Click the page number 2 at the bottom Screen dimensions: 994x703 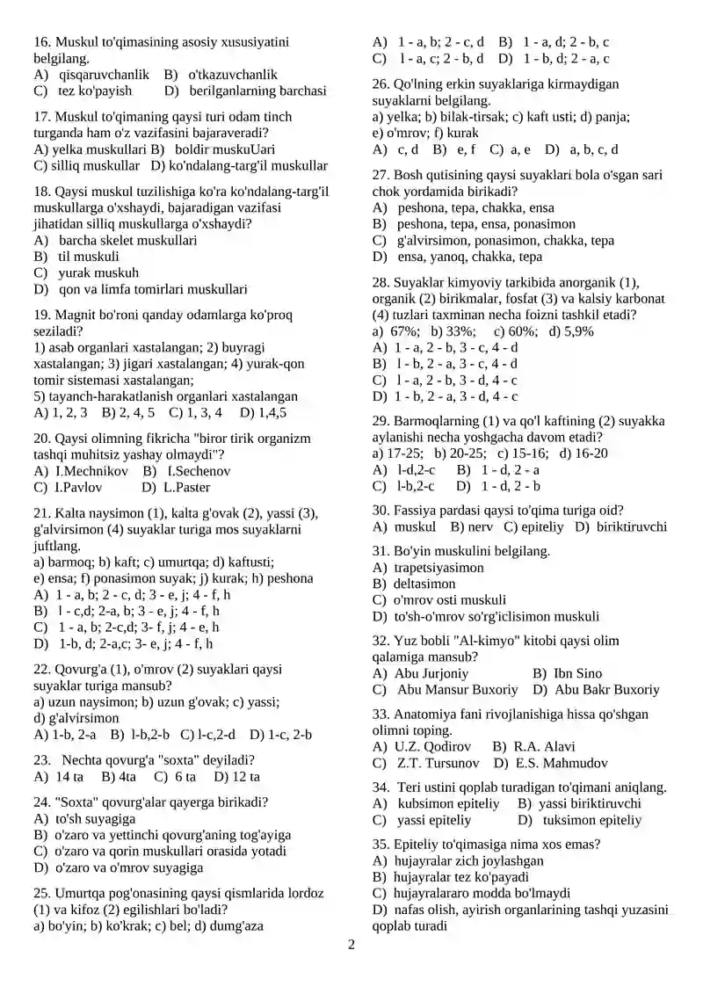(351, 945)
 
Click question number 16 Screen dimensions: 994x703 (41, 41)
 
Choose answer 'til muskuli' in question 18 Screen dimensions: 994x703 (88, 257)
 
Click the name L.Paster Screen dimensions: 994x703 (186, 487)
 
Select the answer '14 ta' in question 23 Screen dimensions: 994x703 (69, 777)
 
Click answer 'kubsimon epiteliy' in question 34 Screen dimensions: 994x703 (448, 803)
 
